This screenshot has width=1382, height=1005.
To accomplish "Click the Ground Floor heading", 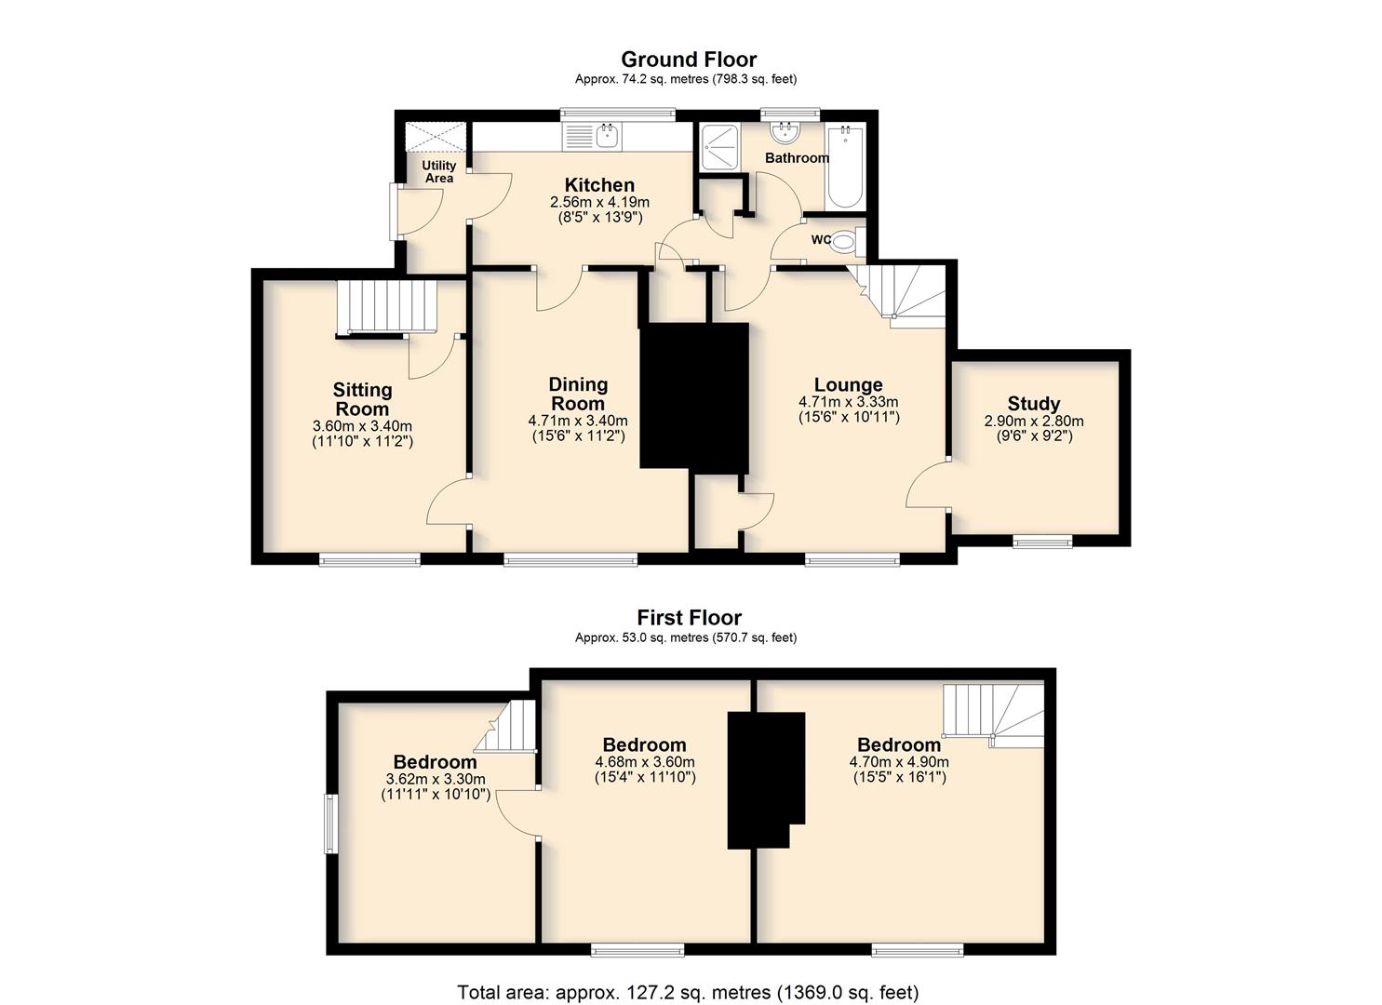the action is (x=689, y=60).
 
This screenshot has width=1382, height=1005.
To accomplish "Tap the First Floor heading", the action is (x=690, y=618).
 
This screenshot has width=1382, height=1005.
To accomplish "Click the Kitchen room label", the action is (x=599, y=184).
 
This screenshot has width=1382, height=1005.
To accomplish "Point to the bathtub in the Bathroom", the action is (x=845, y=166).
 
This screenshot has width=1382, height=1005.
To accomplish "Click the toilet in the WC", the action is (x=848, y=241).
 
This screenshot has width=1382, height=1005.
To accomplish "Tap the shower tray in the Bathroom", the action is (x=719, y=147).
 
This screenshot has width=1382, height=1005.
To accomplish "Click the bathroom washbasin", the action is (x=785, y=133).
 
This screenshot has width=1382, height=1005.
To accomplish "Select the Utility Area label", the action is (x=438, y=171).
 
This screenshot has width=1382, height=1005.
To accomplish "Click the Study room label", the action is (x=1033, y=404).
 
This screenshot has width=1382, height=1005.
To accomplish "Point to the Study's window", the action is (x=1042, y=542).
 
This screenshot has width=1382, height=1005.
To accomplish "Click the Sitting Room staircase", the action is (x=387, y=307).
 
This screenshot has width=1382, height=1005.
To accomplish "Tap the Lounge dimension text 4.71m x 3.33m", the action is (x=849, y=402).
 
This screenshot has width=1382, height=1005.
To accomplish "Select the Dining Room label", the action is (x=578, y=394).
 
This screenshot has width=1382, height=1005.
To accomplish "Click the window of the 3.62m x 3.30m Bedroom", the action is (x=330, y=824).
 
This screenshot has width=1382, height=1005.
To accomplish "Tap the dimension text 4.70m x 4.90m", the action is (x=899, y=761).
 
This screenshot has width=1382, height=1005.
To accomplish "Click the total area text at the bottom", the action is (x=688, y=975).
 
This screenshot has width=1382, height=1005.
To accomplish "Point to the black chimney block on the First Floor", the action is (x=766, y=780).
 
